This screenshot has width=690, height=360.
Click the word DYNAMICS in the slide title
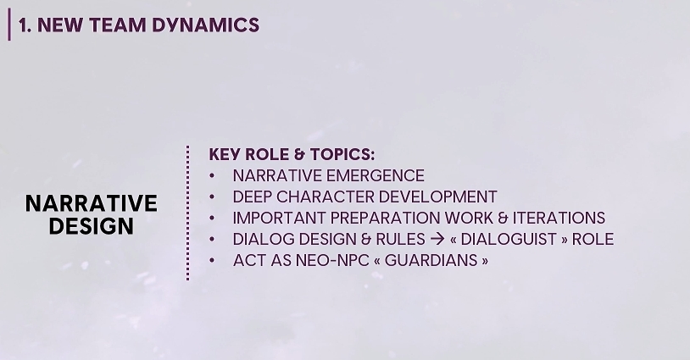tap(205, 25)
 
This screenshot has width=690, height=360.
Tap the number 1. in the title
tap(25, 25)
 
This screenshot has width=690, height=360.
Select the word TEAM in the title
tap(118, 25)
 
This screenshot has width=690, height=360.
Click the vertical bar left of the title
tap(9, 25)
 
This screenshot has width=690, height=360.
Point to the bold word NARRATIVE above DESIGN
tap(91, 203)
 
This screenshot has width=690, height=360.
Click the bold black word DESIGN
tap(91, 226)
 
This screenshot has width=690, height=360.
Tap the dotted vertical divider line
tap(188, 213)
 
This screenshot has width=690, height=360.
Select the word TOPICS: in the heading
tap(342, 154)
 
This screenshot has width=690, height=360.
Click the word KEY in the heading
tap(225, 154)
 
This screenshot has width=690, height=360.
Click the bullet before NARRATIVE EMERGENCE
tap(212, 176)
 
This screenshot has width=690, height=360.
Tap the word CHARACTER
tap(326, 197)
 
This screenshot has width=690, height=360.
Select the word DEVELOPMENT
tap(438, 197)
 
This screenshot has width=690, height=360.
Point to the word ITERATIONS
tap(559, 218)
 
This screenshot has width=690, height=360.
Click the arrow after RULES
tap(437, 239)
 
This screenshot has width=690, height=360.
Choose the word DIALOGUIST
tap(509, 239)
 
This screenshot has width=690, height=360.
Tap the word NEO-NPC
tap(332, 260)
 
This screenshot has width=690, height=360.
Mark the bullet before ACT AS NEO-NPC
tap(212, 260)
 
